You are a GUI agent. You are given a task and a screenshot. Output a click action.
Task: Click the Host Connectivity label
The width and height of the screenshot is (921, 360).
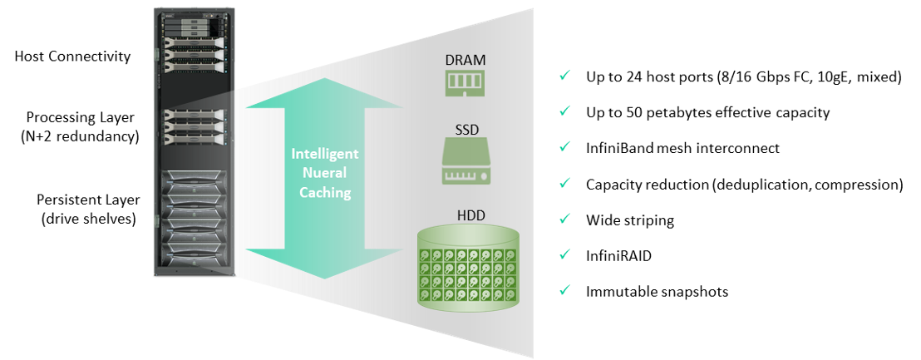pos(73,57)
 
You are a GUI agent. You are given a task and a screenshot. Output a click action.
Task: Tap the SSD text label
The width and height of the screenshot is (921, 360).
pos(465,131)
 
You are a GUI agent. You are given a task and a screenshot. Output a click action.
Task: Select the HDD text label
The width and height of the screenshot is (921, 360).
pos(470,216)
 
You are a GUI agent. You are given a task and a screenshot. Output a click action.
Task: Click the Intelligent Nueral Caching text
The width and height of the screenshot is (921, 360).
pos(324,173)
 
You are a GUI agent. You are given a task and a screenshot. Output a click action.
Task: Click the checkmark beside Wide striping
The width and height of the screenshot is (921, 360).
pos(564,219)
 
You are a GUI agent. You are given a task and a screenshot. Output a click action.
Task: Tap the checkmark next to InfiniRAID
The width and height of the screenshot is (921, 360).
pos(564,255)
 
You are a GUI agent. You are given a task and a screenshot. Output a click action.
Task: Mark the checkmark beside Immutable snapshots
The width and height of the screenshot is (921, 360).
pos(564,291)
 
